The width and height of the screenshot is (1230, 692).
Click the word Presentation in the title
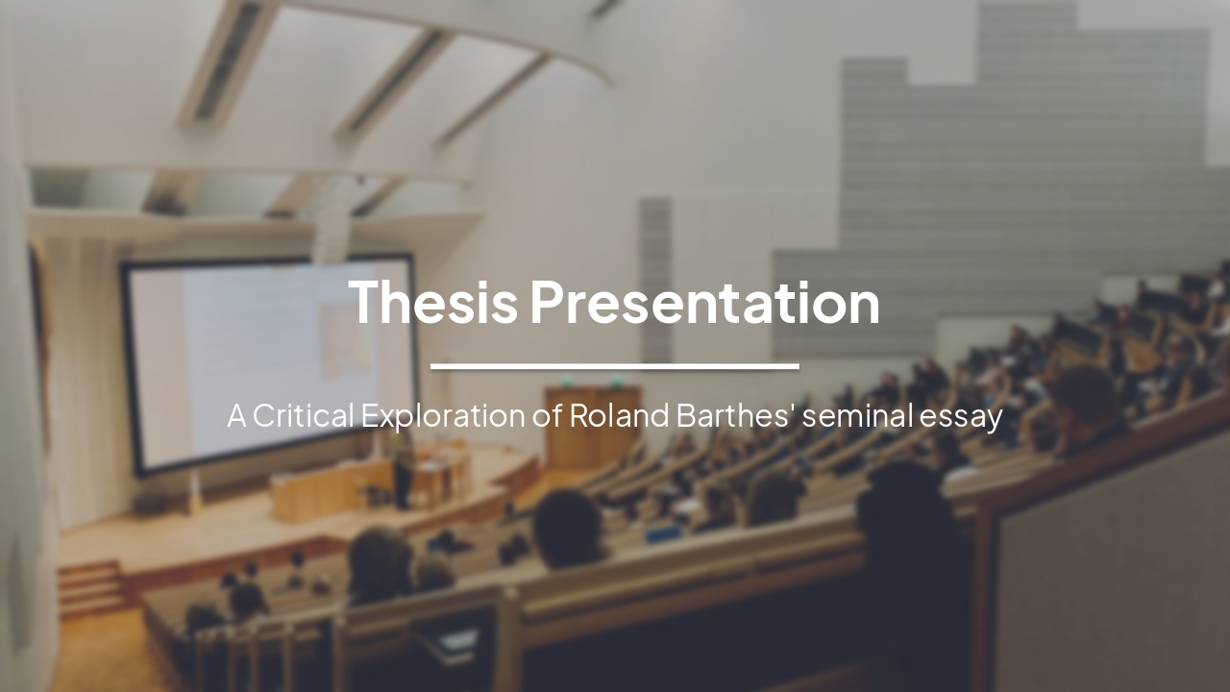tap(704, 302)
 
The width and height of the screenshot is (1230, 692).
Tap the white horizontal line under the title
tap(614, 366)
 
